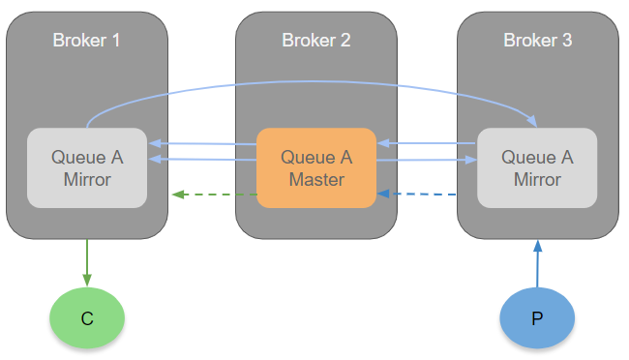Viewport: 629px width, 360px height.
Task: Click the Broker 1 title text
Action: coord(87,41)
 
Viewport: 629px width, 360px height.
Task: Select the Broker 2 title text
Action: coord(316,41)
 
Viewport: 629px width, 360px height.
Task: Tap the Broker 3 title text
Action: coord(537,41)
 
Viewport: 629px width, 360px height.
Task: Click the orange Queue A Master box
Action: coord(316,167)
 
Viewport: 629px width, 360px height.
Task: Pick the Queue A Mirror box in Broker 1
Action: coord(87,167)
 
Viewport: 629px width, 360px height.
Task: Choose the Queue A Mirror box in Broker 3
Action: coord(537,167)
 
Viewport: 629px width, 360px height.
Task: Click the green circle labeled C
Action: coord(87,317)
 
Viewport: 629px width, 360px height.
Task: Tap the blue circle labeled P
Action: coord(537,317)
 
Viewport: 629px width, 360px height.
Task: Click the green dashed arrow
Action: coord(215,195)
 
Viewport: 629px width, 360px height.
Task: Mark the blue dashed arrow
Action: coord(427,195)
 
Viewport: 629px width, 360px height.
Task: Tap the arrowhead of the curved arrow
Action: coord(531,121)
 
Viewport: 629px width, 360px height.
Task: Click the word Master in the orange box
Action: coord(316,179)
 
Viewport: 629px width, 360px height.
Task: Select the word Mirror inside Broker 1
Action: coord(87,179)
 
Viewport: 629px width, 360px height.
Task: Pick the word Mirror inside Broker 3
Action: coord(537,179)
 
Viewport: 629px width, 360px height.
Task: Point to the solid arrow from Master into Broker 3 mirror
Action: coord(427,161)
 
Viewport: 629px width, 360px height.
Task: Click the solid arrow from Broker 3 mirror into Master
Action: coord(427,144)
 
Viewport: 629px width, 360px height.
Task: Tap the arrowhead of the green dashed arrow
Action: coord(177,195)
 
